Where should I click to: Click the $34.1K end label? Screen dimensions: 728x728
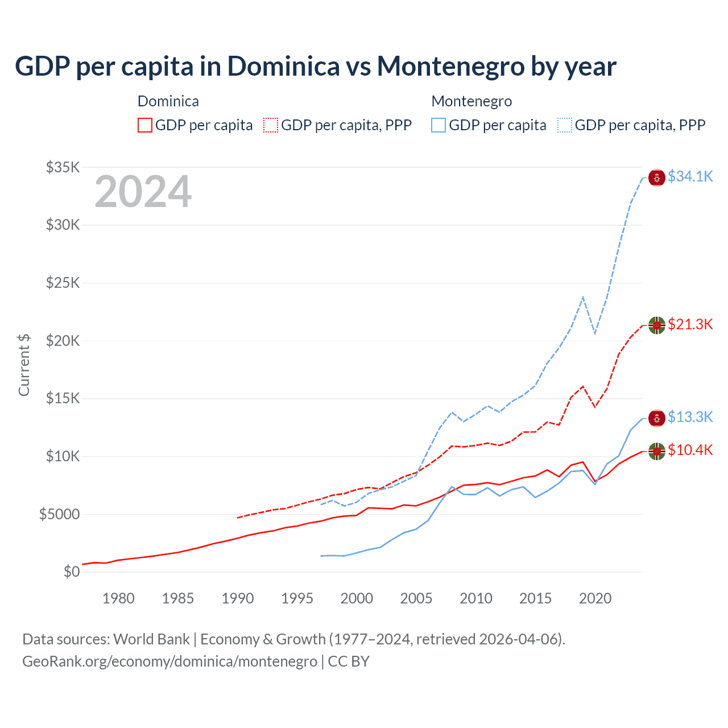[690, 176]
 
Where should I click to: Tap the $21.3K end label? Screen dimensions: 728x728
[690, 324]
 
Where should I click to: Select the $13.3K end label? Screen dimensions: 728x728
[690, 417]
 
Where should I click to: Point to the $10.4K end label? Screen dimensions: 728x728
[690, 450]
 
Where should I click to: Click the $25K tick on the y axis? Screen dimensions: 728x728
[63, 283]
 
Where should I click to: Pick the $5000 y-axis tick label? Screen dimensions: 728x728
[60, 514]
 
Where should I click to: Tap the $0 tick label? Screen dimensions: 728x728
[71, 572]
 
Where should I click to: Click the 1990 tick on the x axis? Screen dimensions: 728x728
[238, 598]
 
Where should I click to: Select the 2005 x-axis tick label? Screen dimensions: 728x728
[416, 598]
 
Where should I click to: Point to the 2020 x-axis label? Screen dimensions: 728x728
[595, 598]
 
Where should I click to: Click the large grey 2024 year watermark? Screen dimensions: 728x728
[143, 192]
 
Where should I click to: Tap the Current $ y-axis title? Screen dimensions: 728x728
[24, 365]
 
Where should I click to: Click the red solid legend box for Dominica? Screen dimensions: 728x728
[145, 125]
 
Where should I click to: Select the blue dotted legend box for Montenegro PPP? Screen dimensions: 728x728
[565, 125]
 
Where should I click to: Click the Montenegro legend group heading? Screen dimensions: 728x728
[471, 101]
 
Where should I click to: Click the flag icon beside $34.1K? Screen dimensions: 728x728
[657, 177]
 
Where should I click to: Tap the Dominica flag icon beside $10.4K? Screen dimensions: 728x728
[657, 451]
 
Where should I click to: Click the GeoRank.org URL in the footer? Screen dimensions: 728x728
[169, 661]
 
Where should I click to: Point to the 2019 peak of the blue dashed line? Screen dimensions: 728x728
[583, 297]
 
